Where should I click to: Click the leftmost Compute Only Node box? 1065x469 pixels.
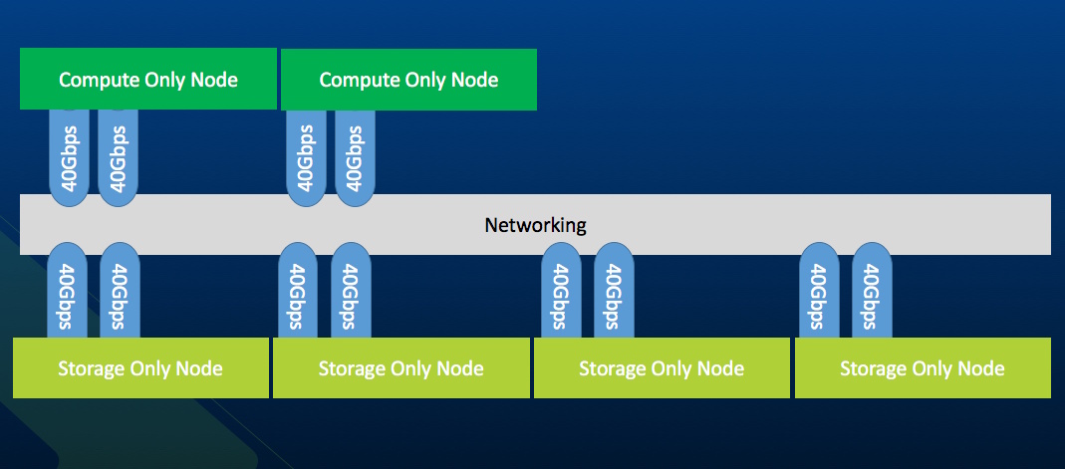click(x=148, y=79)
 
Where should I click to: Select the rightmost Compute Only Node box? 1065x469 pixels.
click(x=408, y=79)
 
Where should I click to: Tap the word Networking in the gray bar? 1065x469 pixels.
click(x=535, y=225)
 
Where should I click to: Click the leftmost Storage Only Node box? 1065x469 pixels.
click(x=140, y=368)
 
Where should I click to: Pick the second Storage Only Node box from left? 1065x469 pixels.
click(x=401, y=368)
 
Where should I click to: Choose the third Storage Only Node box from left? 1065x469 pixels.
click(x=662, y=368)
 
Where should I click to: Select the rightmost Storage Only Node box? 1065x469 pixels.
click(x=923, y=368)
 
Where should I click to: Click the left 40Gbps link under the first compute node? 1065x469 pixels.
click(x=69, y=157)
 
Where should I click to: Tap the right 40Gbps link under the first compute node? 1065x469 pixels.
click(x=118, y=157)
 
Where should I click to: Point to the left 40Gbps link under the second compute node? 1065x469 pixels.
click(x=307, y=157)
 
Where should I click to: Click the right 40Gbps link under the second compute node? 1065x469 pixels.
click(x=355, y=157)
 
